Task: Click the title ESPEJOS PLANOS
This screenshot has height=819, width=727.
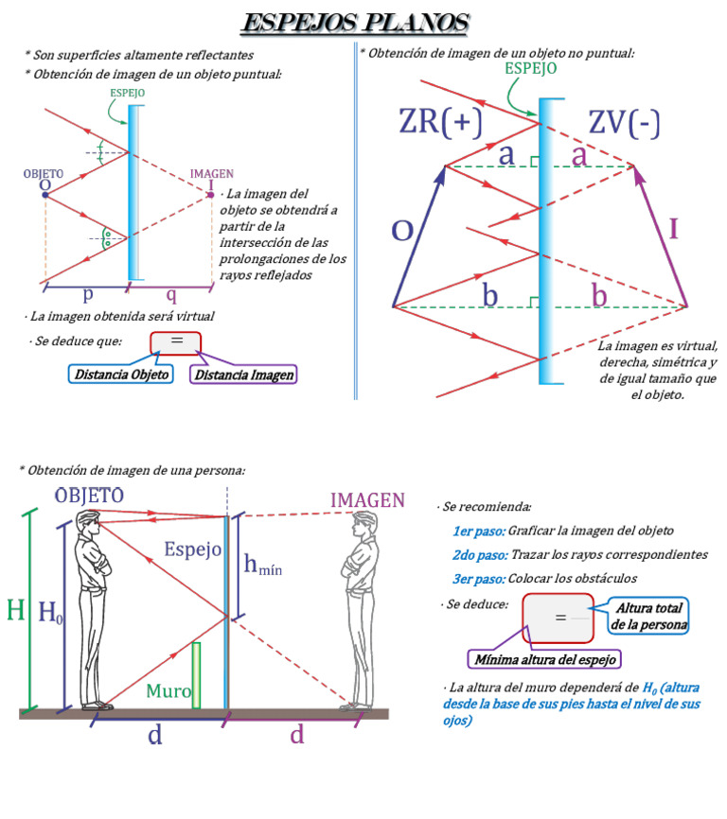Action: tap(355, 24)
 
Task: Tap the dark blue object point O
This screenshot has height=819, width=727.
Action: tap(45, 195)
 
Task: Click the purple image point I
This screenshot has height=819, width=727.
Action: tap(211, 195)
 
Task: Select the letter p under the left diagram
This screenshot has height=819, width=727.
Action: tap(88, 295)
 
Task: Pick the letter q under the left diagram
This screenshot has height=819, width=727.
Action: tap(171, 295)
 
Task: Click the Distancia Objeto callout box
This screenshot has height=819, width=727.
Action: tap(121, 375)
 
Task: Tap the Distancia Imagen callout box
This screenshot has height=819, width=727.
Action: tap(243, 375)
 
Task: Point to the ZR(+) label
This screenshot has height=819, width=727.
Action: tap(440, 122)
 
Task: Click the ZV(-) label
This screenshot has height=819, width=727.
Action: tap(624, 123)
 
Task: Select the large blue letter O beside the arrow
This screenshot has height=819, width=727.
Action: tap(402, 231)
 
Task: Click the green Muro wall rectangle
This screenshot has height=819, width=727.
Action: tap(196, 675)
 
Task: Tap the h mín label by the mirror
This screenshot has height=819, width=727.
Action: tap(263, 565)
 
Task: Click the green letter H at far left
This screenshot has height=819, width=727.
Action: tap(16, 610)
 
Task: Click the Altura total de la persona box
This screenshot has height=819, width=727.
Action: tap(648, 617)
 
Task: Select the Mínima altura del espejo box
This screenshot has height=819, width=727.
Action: tap(544, 659)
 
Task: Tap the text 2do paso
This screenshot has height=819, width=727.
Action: tap(480, 555)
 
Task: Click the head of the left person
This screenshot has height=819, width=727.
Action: tap(88, 523)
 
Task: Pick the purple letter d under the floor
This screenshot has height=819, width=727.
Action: tap(297, 735)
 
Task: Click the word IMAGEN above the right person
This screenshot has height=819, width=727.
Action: tap(367, 500)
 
